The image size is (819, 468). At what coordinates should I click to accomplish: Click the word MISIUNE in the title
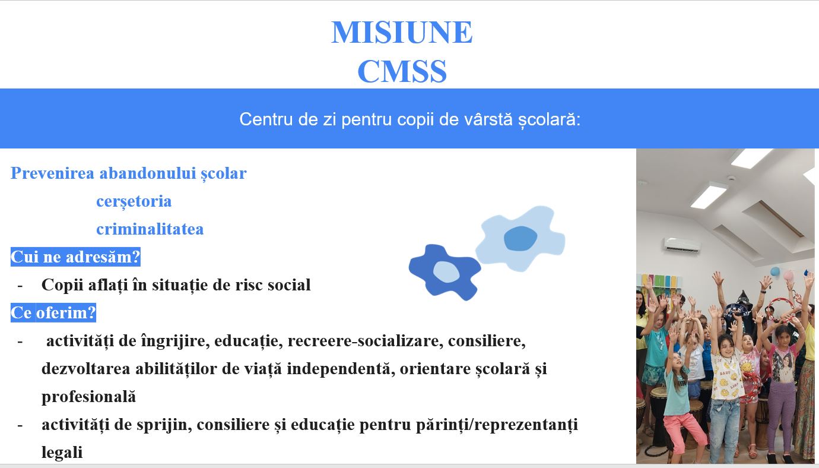pos(402,32)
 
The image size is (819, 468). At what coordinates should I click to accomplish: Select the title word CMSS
pos(402,71)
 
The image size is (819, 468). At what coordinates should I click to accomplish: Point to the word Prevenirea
pos(53,173)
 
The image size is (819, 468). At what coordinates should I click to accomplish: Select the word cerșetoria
pos(134,201)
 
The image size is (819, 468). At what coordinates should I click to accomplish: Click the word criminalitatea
pos(150,229)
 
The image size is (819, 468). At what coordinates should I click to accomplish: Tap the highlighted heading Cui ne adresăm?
pos(75,257)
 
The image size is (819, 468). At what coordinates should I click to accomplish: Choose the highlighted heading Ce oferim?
pos(53,313)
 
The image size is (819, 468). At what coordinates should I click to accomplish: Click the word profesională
pos(88,397)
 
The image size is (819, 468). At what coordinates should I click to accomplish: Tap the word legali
pos(62,453)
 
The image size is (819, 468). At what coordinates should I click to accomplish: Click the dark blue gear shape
pos(445,272)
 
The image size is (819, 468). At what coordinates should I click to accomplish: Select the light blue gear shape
pos(520,239)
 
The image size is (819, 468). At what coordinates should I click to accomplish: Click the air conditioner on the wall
pos(682,245)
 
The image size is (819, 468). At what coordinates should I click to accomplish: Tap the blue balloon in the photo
pos(774,271)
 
